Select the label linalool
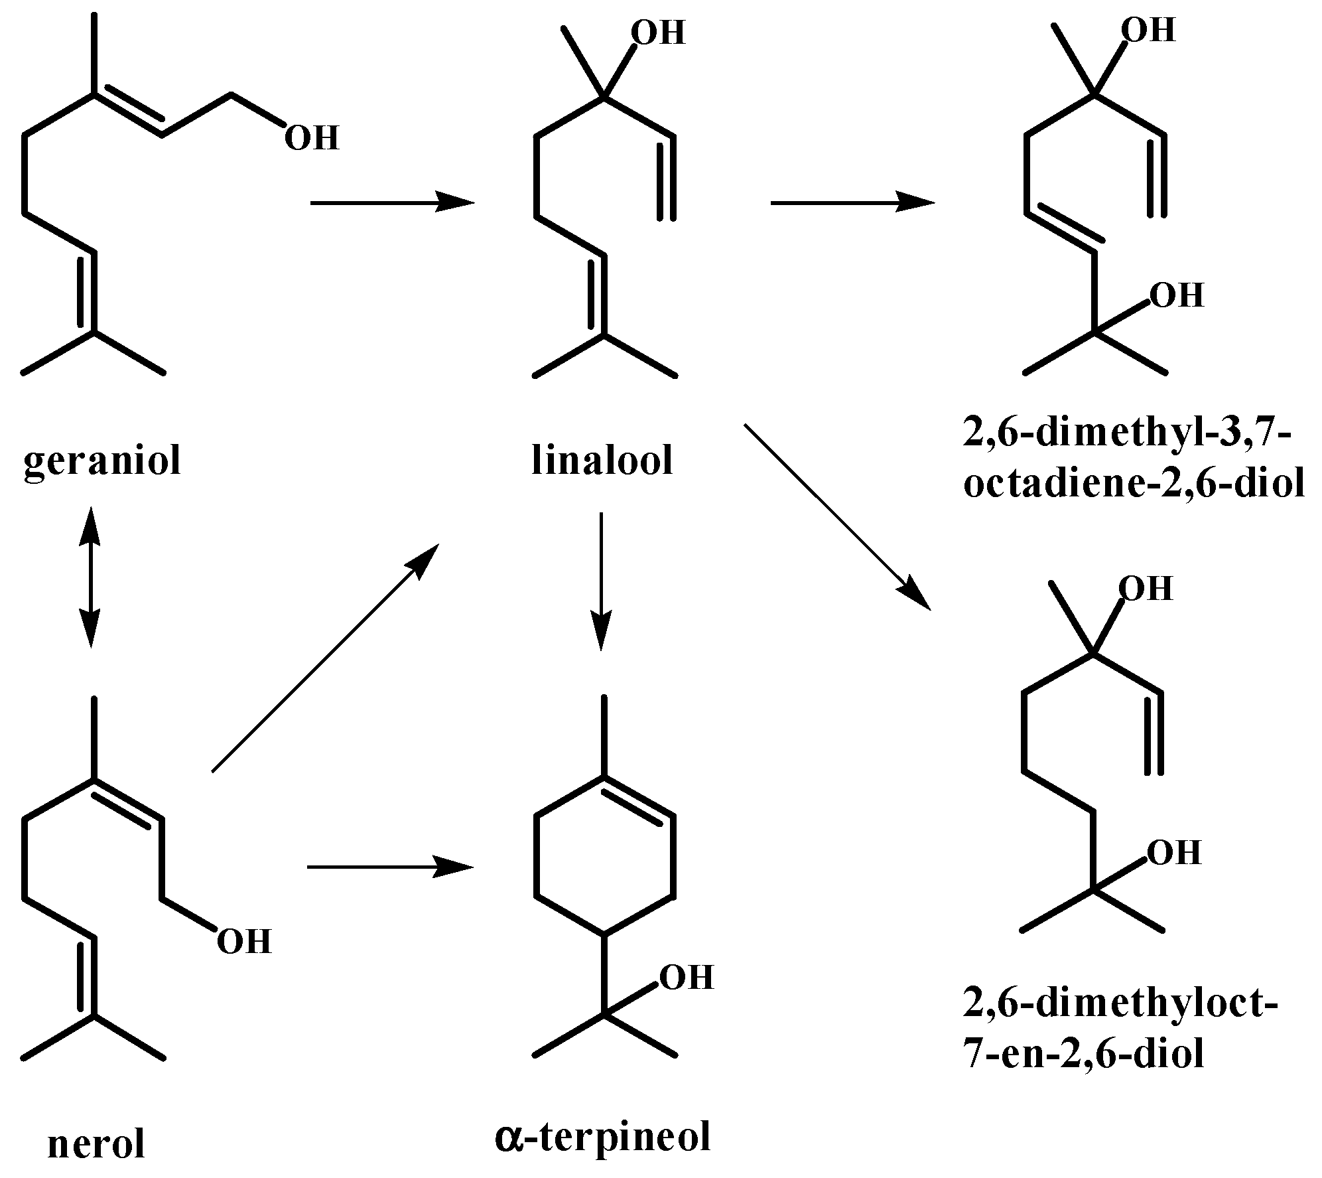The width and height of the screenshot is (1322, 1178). tap(602, 461)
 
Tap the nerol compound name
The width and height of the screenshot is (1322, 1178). tap(96, 1144)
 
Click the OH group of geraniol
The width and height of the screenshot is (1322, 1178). tap(311, 139)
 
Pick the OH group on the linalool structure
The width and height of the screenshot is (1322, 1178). tap(657, 33)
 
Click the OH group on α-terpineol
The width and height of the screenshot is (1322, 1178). tap(686, 978)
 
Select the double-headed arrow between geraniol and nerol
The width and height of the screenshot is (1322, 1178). tap(90, 576)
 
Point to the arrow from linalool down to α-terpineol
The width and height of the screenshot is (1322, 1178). tap(601, 581)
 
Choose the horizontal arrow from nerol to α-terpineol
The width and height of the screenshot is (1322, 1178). tap(391, 867)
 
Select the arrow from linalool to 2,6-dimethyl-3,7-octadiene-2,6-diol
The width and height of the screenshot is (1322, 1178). tap(852, 202)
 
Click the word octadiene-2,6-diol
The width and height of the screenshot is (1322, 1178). tap(1134, 484)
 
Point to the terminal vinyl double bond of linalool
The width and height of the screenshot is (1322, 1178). tap(667, 178)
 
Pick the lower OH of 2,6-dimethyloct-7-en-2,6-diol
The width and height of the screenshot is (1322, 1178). tap(1173, 853)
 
